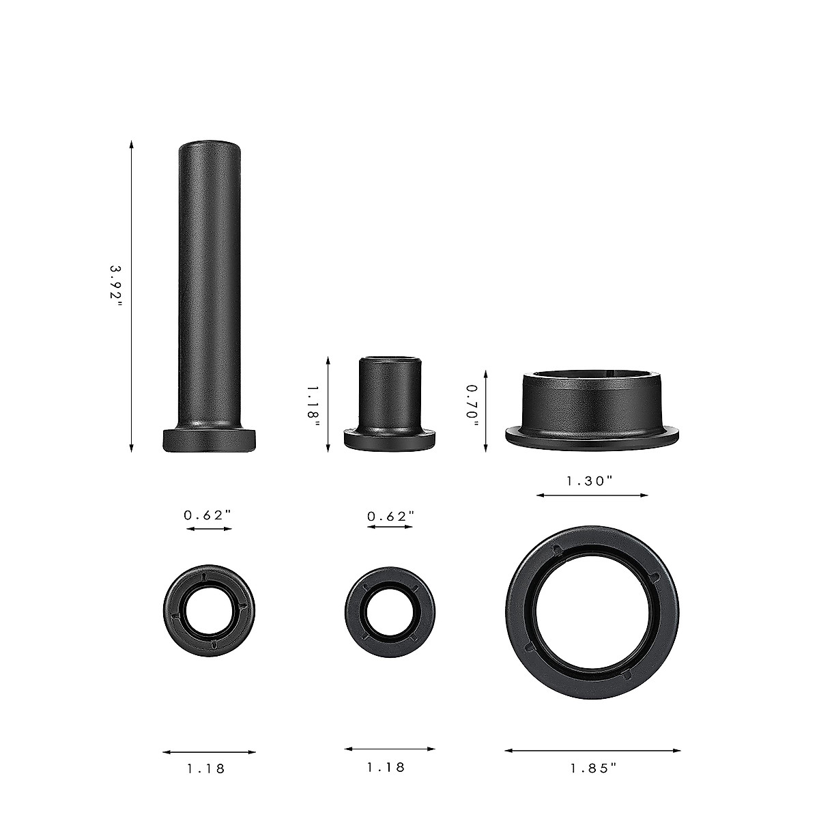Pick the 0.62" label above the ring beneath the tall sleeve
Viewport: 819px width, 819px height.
(207, 515)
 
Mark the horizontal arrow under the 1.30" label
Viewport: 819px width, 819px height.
(592, 495)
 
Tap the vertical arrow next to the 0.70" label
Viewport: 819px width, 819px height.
(485, 410)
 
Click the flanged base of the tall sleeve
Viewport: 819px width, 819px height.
(210, 440)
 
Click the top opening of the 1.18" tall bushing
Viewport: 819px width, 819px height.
(390, 358)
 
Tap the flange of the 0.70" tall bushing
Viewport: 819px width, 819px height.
(592, 435)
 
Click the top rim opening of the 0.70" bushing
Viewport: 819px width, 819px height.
(592, 375)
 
